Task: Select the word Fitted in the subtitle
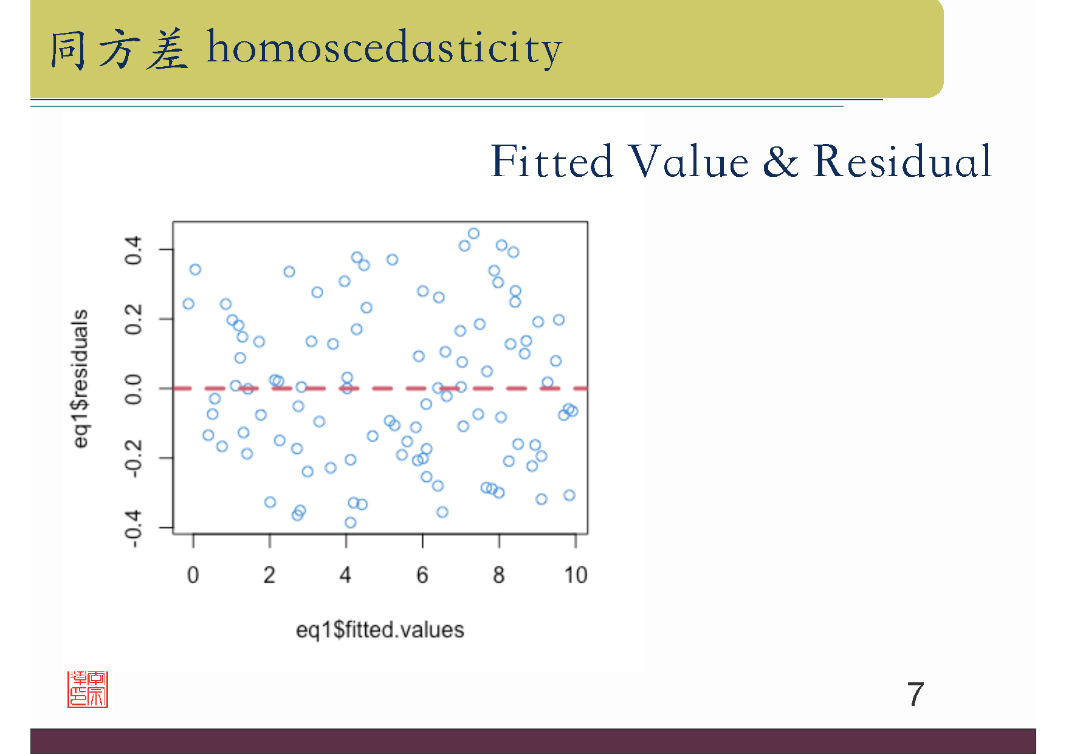[x=552, y=162]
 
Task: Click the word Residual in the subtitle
[x=903, y=162]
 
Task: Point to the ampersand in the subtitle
[x=780, y=162]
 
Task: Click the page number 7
[x=915, y=694]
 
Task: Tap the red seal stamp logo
[x=88, y=689]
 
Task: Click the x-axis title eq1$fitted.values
[x=380, y=630]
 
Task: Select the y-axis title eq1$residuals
[x=80, y=379]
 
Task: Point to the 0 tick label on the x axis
[x=193, y=575]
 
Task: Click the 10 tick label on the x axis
[x=576, y=575]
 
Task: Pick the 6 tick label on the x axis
[x=422, y=575]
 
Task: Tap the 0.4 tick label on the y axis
[x=133, y=250]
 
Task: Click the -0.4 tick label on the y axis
[x=133, y=529]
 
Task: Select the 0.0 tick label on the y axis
[x=133, y=389]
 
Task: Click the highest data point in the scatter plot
[x=473, y=233]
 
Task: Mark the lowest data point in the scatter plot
[x=350, y=523]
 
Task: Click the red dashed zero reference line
[x=380, y=388]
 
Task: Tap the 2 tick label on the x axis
[x=269, y=575]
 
